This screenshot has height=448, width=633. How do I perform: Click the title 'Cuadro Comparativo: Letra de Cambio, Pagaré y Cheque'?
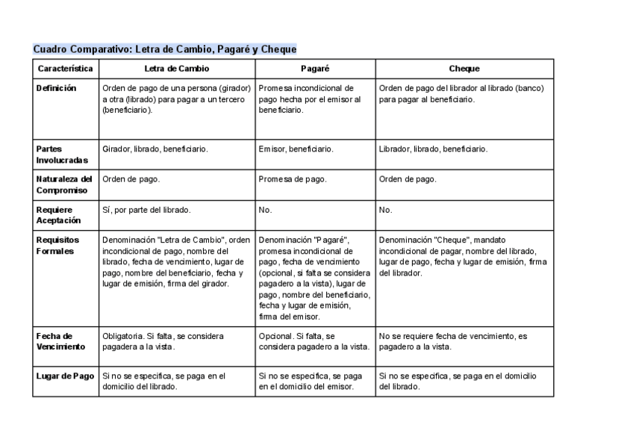click(165, 49)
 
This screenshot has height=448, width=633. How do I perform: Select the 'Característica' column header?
click(66, 69)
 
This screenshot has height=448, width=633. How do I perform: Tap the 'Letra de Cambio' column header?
click(176, 69)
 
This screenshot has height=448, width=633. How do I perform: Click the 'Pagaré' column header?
click(315, 69)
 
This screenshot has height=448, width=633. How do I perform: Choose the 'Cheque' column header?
click(464, 69)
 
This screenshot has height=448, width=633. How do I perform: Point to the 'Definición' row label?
click(56, 88)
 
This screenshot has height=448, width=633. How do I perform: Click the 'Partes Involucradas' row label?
click(61, 155)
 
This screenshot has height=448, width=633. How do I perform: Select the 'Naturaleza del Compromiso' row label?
click(64, 184)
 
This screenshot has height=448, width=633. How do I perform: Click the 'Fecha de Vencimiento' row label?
click(60, 341)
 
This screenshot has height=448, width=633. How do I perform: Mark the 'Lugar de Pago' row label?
click(66, 376)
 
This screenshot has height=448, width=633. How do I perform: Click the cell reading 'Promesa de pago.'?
click(293, 179)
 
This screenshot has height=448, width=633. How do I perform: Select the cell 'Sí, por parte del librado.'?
click(146, 210)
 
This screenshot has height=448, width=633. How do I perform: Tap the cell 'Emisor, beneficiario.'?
click(296, 149)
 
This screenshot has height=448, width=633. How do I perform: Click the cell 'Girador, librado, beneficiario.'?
click(155, 149)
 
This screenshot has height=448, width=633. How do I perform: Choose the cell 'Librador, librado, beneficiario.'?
click(433, 149)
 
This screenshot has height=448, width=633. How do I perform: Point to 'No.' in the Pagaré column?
click(265, 210)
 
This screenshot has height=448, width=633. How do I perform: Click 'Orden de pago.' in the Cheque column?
click(408, 179)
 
